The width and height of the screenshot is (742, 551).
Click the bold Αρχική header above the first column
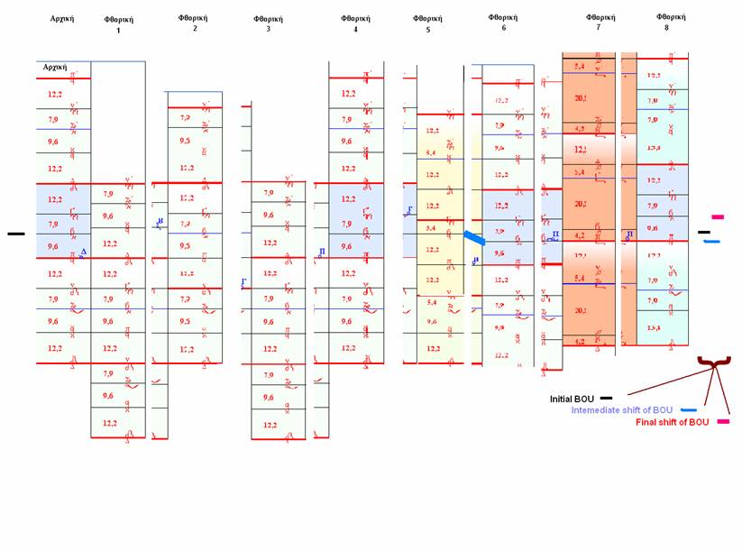point(62,18)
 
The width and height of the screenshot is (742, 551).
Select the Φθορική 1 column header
point(118,24)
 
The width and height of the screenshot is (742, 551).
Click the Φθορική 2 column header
point(195,23)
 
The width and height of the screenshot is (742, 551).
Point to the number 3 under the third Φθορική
point(268,30)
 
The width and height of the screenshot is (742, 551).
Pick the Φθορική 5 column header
point(427,23)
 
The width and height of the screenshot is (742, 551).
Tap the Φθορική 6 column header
point(503,22)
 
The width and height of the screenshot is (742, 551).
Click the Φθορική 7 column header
point(600,22)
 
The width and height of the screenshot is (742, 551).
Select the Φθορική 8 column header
point(671,22)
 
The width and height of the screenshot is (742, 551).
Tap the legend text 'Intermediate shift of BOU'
point(622,410)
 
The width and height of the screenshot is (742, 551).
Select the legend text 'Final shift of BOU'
point(672,422)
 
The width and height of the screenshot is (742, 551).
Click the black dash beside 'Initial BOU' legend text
point(607,398)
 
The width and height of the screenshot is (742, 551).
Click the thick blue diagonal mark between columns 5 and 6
point(474,237)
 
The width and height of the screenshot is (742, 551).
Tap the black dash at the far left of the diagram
point(16,234)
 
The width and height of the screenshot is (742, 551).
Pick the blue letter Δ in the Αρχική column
point(83,253)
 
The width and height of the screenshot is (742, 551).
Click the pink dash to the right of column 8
point(717,217)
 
